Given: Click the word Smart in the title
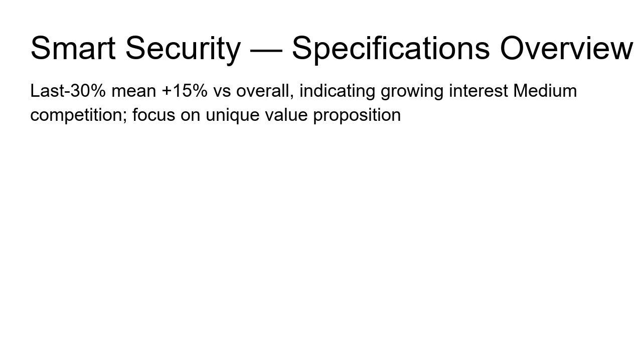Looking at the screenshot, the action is (73, 48).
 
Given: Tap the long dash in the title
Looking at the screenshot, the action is (266, 51).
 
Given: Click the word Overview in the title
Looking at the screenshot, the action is (566, 48).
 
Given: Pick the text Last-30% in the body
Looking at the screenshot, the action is (68, 91).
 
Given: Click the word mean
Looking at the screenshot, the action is (134, 92).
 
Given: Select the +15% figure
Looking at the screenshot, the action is (185, 91).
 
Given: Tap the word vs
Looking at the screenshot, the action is (222, 92).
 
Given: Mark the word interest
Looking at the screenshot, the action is (478, 91).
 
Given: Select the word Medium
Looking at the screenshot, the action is (545, 91).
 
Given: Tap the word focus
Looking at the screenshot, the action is (153, 115).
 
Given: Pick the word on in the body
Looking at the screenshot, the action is (190, 116).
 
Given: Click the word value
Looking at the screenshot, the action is (286, 115).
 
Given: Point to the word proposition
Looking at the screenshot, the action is (357, 116).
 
